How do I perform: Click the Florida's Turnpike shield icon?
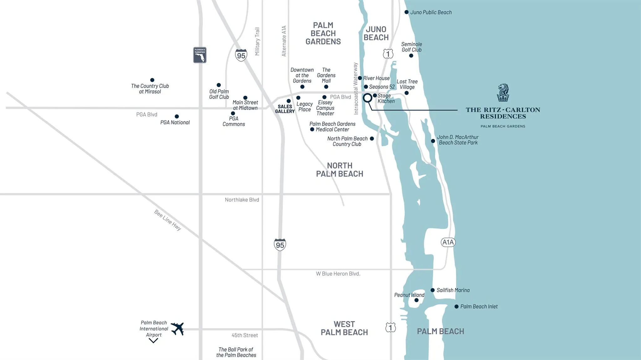point(200,55)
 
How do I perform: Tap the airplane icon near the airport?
point(177,329)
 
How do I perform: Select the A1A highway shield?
point(448,242)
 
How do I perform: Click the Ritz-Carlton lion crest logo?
point(503,92)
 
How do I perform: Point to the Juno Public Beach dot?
point(406,12)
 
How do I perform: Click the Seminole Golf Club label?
point(412,47)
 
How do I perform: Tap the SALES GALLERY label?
point(285,109)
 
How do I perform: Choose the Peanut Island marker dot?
point(416,300)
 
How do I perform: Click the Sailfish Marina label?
point(453,290)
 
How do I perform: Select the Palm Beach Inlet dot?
point(456,307)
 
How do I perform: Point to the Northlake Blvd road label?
point(242,200)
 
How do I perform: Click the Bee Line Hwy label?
point(168,220)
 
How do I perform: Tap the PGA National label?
point(175,122)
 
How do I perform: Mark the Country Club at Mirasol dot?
point(152,80)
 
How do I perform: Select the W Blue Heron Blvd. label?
point(338,274)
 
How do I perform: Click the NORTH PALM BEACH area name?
point(340,170)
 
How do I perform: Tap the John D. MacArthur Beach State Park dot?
point(433,141)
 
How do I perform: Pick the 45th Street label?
point(245,335)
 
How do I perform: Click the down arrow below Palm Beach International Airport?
point(153,341)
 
